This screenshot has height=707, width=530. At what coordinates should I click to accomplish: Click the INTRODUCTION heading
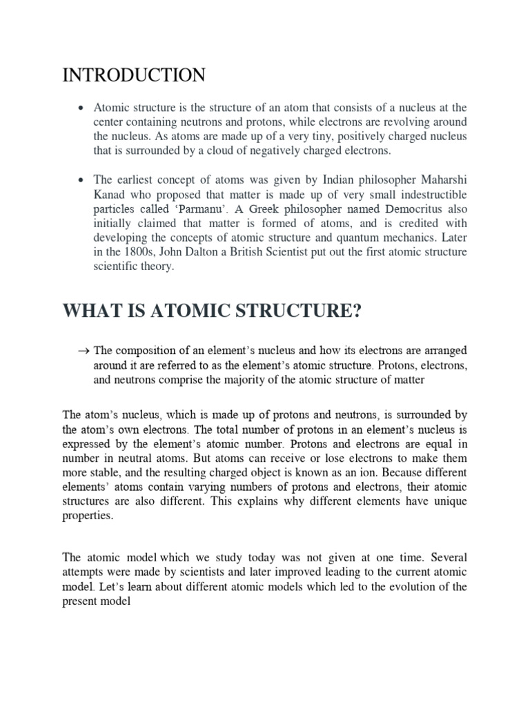click(x=133, y=75)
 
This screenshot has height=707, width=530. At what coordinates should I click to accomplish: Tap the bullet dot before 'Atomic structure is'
click(x=81, y=108)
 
